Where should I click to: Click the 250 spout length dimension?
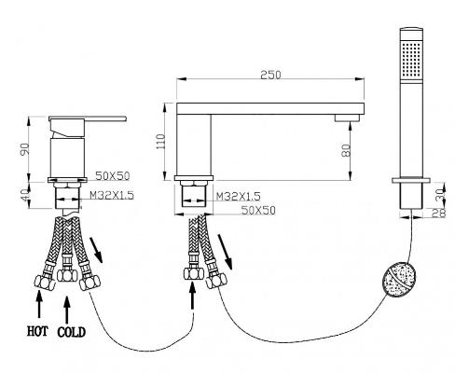[270, 75]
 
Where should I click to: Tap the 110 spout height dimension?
[161, 142]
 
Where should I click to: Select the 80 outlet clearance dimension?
[347, 150]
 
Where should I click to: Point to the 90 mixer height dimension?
[25, 149]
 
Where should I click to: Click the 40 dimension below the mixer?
[25, 195]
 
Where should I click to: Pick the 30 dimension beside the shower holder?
[441, 196]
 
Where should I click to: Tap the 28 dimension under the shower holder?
[439, 214]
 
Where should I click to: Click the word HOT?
[37, 331]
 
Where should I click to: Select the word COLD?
[71, 332]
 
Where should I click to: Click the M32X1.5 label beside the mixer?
[112, 195]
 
